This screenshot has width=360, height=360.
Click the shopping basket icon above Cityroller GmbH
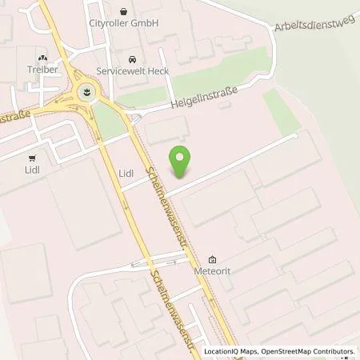pos(123,11)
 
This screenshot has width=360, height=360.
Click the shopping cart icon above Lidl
pos(32,158)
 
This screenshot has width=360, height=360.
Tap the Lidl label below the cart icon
pos(32,170)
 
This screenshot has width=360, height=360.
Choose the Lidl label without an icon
pos(126,172)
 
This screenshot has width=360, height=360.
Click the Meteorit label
pos(212,271)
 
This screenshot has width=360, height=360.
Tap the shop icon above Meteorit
pos(212,259)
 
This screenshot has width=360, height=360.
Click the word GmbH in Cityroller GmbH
pos(147,24)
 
